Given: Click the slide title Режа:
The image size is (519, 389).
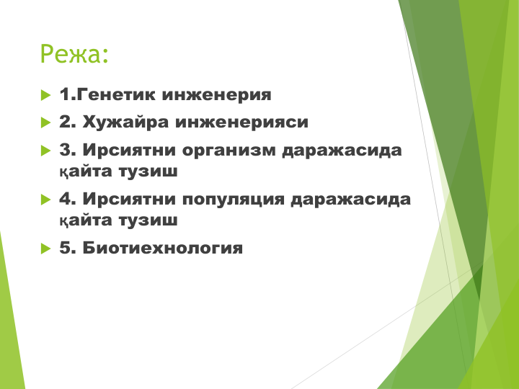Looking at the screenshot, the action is pos(74,53).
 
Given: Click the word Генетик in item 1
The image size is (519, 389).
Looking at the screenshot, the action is pos(116,94).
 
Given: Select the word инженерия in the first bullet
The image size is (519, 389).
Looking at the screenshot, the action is pos(216,95).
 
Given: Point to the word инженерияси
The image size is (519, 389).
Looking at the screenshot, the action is pos(241,122).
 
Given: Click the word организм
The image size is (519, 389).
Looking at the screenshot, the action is pos(229,151).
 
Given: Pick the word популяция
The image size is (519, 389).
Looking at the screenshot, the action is pos(234,200).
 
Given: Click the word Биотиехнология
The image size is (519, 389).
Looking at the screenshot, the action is pos(162,248).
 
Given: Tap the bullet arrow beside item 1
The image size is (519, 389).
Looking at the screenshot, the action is pos(45,95).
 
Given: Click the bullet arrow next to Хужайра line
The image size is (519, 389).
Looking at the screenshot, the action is pos(45,122).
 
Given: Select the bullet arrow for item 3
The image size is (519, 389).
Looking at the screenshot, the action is pos(45,151).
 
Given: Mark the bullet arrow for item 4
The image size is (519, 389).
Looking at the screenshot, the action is pos(45,200).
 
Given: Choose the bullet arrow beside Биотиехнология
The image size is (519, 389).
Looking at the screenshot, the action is pos(45,249).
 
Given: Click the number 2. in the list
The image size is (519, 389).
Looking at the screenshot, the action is pos(68,122).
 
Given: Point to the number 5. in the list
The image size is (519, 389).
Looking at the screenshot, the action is pos(68,248).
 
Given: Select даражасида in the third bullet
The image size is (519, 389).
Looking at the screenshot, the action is pos(342,151).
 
